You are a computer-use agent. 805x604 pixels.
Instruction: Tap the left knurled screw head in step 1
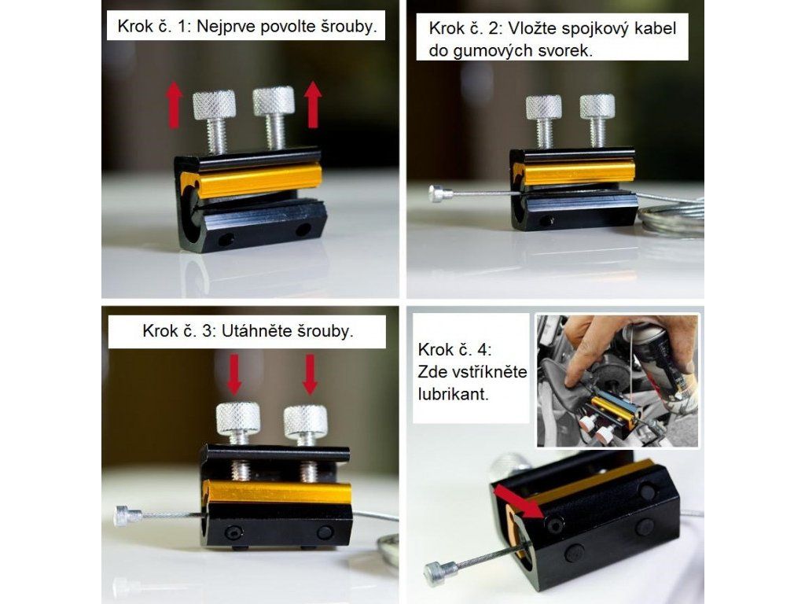[214, 105]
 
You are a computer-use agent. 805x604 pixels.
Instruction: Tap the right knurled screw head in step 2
[597, 106]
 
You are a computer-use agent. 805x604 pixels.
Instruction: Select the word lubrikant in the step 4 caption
[453, 394]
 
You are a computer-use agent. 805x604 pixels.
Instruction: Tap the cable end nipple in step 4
[440, 573]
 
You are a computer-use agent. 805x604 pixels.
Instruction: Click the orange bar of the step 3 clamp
[278, 492]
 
